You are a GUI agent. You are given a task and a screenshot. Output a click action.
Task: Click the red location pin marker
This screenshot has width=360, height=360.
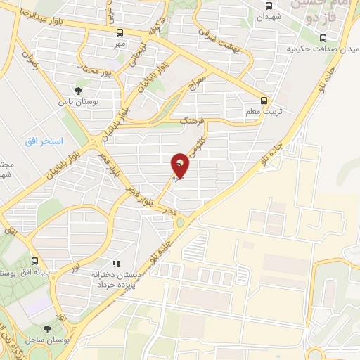[x=181, y=166]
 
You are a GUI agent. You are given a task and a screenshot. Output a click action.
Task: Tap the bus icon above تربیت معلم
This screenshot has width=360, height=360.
[x=264, y=100]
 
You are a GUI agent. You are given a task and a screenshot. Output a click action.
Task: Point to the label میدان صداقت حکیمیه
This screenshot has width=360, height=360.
[x=318, y=49]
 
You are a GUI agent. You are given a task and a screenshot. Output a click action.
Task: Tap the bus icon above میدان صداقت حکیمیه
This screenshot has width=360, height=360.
[x=323, y=38]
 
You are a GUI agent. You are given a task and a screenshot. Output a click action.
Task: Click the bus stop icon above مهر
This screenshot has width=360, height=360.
[x=120, y=32]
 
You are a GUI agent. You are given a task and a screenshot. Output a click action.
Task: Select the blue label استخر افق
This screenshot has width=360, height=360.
[x=44, y=141]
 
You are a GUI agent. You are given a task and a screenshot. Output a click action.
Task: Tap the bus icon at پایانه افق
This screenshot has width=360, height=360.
[x=34, y=258]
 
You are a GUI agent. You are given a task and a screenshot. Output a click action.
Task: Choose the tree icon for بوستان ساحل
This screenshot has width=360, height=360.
[x=47, y=328]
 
